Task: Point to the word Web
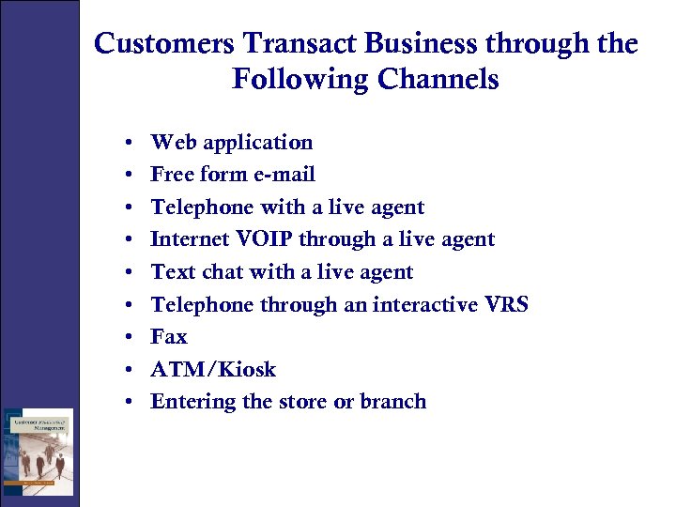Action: [x=174, y=143]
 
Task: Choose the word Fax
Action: [x=169, y=336]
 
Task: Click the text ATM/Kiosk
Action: [x=213, y=369]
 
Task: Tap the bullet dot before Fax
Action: [x=127, y=337]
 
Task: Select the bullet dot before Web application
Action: [x=127, y=144]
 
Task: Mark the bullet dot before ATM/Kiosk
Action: [x=127, y=370]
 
